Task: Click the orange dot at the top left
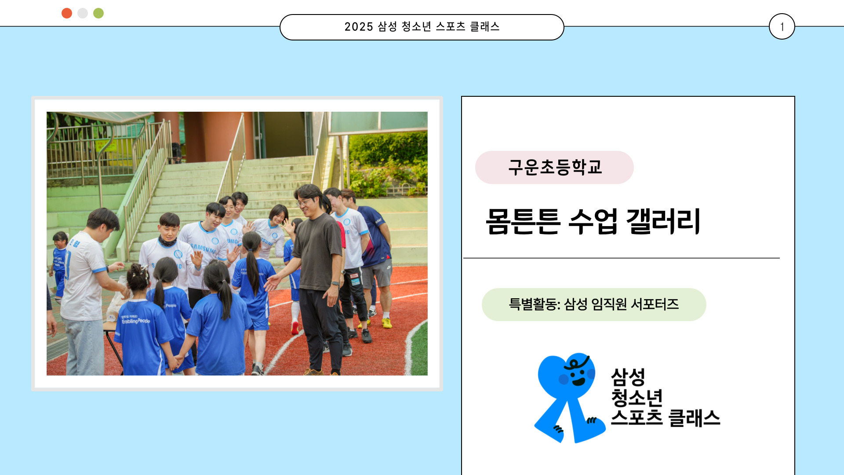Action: click(x=67, y=13)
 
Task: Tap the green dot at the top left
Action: click(x=98, y=13)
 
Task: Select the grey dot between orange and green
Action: click(x=83, y=13)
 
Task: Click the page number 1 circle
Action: click(x=782, y=27)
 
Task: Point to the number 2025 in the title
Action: click(x=359, y=27)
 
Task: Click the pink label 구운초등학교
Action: click(x=554, y=168)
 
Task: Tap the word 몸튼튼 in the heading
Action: click(x=523, y=221)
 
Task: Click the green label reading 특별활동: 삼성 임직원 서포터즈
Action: click(x=593, y=304)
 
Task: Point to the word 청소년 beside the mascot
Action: click(x=637, y=398)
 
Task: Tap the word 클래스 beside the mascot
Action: click(x=694, y=418)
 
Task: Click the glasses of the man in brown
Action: click(x=302, y=203)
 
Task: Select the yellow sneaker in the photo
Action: click(x=387, y=323)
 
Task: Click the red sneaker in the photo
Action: click(x=295, y=328)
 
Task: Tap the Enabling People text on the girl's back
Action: click(x=135, y=321)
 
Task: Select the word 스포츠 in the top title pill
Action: click(x=451, y=27)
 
